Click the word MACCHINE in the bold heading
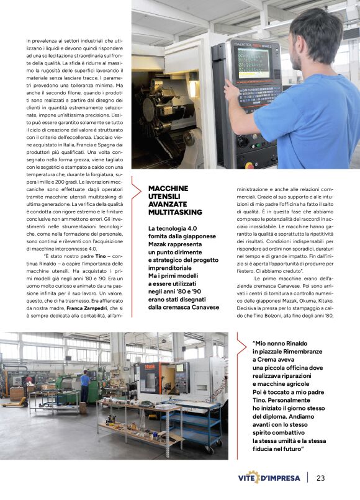[168, 188]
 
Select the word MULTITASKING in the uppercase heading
[175, 212]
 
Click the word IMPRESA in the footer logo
[286, 478]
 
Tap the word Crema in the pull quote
[268, 359]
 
